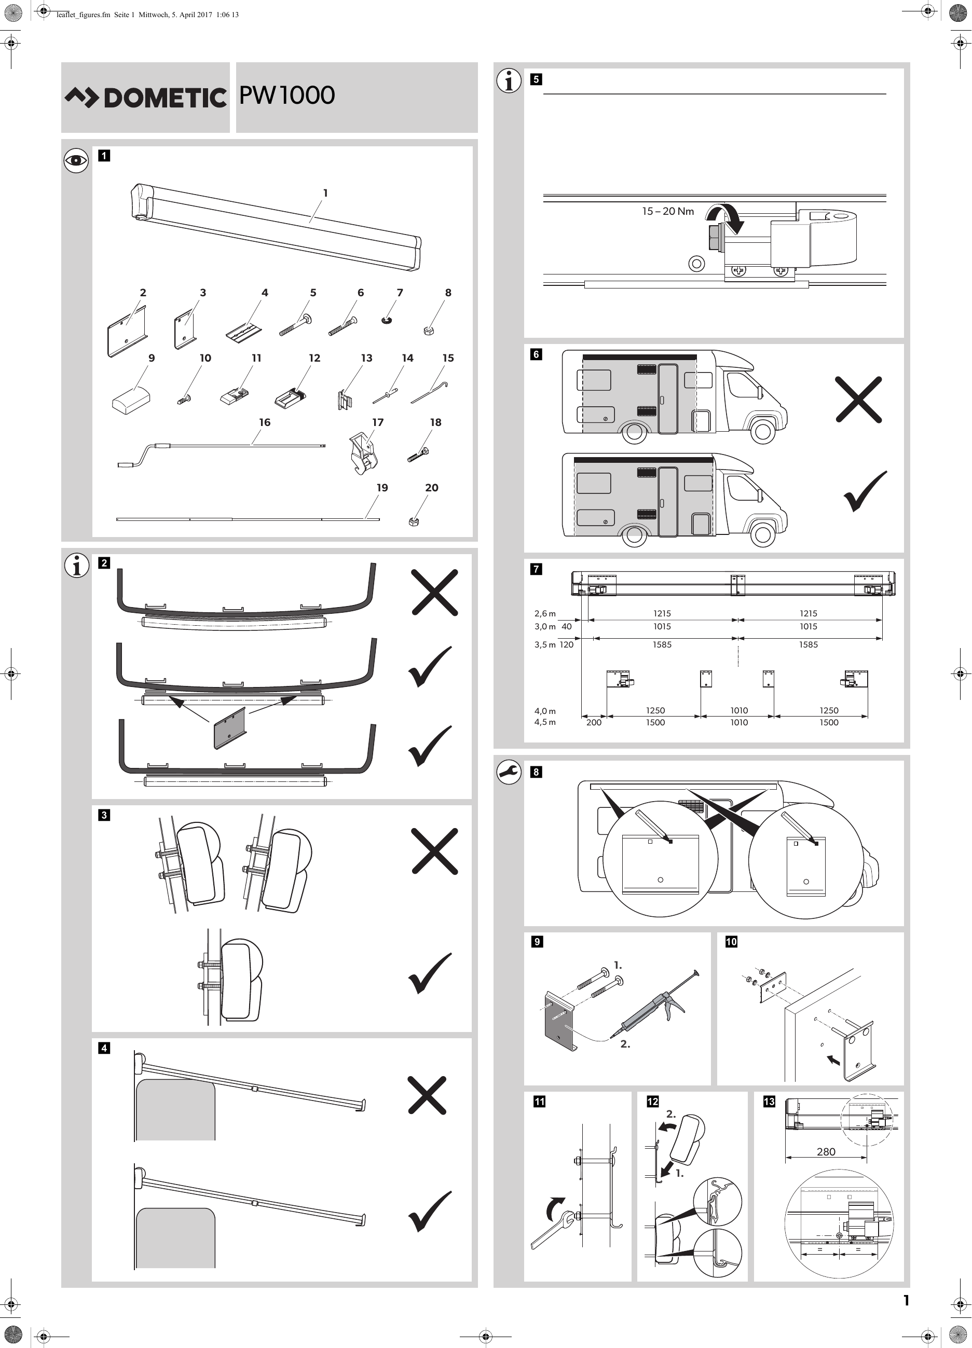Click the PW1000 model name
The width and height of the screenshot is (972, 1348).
point(286,95)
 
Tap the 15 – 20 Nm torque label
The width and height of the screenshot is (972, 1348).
point(667,212)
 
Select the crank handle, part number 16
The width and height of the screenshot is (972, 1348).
point(220,450)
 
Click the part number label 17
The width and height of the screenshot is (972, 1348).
point(377,422)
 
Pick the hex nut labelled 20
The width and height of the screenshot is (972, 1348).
point(414,522)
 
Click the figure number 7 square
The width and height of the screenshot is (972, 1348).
point(536,569)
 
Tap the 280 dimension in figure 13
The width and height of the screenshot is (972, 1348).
point(826,1151)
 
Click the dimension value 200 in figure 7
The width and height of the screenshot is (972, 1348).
point(593,722)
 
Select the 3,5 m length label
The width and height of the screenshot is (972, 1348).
point(544,645)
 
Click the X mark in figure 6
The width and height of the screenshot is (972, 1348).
point(858,400)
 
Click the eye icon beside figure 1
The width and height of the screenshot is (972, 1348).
point(76,160)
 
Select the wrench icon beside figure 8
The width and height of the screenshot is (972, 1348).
point(509,772)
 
